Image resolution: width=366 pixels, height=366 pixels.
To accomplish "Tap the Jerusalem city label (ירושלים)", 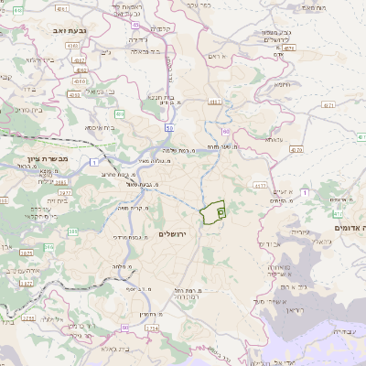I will (x=172, y=235).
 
